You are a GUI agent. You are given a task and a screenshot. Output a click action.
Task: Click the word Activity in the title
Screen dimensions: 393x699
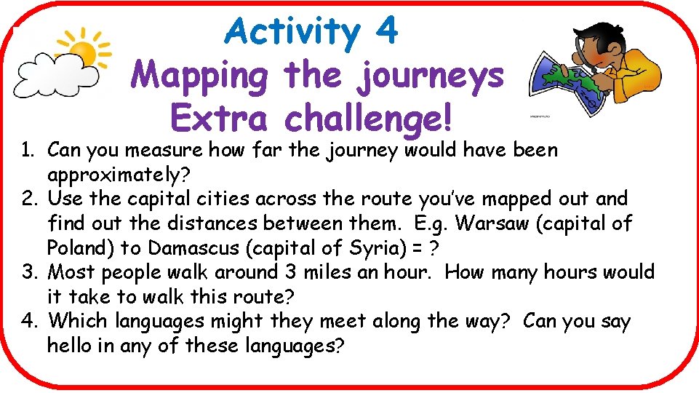[x=289, y=31]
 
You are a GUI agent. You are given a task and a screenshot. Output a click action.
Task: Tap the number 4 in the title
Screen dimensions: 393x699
[x=387, y=31]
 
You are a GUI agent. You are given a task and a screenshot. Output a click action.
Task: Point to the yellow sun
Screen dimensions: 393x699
[x=82, y=52]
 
